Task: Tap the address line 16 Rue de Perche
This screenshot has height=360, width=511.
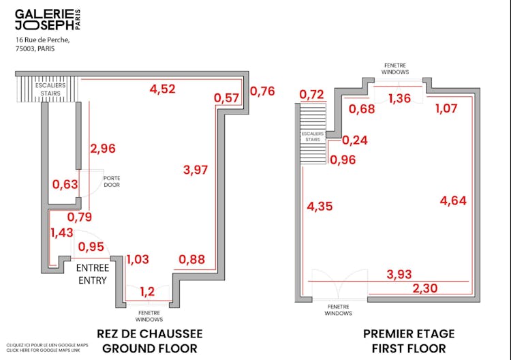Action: point(42,40)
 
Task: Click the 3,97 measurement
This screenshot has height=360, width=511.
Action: point(196,170)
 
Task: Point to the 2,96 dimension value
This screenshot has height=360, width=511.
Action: point(103,149)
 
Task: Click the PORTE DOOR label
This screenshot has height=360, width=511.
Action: point(112,181)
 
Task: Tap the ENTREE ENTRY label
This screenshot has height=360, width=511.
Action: point(93,274)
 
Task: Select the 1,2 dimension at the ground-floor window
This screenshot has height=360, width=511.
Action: point(147,292)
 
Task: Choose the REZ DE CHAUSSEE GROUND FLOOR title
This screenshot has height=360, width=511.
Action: point(150,341)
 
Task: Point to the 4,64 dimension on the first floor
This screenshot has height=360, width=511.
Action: point(453,200)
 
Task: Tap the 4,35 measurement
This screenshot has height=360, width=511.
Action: point(320,206)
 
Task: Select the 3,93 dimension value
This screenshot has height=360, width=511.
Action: point(400,274)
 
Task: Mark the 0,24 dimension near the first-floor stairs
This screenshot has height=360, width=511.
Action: point(354,141)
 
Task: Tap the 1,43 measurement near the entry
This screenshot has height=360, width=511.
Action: point(62,232)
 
